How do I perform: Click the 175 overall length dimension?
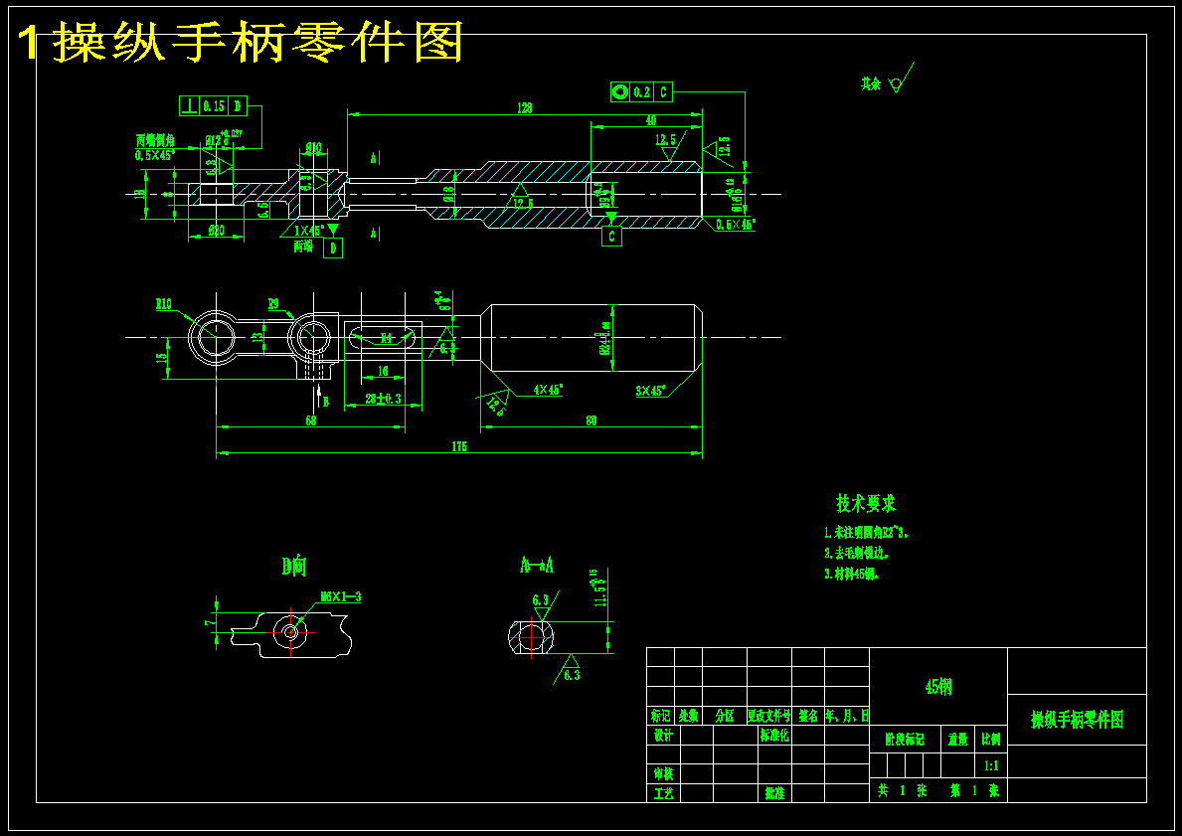pos(458,447)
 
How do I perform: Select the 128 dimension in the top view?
pos(525,107)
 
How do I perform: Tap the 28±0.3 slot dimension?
pos(383,399)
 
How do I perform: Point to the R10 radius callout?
pos(164,304)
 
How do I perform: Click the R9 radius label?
pos(274,303)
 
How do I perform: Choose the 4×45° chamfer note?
pos(549,390)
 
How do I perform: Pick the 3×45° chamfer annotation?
pos(650,391)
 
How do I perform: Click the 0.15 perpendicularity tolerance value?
pos(214,105)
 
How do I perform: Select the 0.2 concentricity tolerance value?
pos(642,92)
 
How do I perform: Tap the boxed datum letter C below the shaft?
pos(611,237)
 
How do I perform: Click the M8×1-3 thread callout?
pos(341,597)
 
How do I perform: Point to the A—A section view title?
pos(537,566)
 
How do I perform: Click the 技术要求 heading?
pos(865,504)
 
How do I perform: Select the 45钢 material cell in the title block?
pos(938,687)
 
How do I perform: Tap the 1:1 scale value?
pos(991,765)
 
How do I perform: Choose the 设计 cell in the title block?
pos(662,736)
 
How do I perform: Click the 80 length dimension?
pos(591,420)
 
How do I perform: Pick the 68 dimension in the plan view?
pos(310,420)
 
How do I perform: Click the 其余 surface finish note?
pos(871,84)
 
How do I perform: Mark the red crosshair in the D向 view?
pos(290,631)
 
